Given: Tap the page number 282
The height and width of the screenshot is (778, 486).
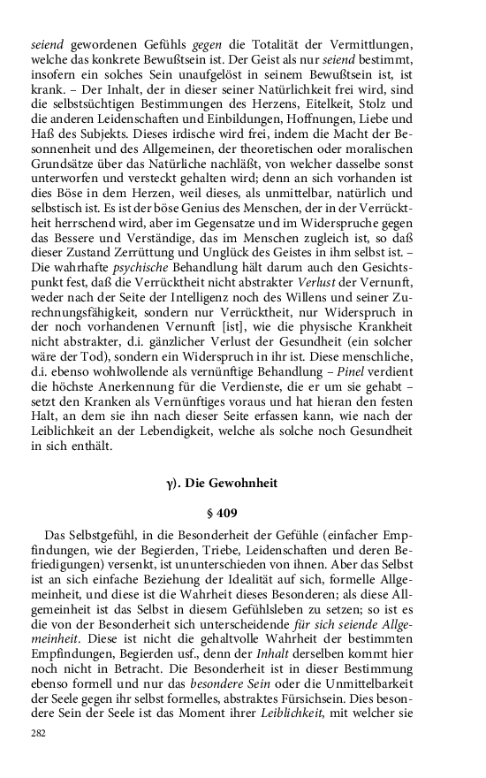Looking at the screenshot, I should tap(38, 733).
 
